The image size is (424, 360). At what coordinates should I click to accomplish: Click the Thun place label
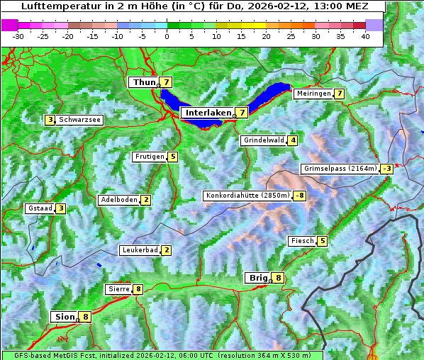[144, 83]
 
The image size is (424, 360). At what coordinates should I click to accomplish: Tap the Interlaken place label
[208, 113]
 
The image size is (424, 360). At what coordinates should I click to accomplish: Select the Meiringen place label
[313, 94]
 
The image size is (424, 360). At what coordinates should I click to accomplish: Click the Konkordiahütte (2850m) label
[247, 196]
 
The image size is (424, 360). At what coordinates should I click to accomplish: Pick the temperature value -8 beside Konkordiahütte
[300, 196]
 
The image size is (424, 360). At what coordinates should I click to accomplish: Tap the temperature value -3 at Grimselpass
[386, 169]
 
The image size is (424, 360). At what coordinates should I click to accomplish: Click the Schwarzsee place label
[79, 120]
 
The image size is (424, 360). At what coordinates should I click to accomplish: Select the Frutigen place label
[150, 157]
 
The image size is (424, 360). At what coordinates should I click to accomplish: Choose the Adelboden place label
[119, 200]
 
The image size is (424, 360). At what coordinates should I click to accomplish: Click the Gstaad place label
[40, 208]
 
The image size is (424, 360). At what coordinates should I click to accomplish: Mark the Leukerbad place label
[139, 250]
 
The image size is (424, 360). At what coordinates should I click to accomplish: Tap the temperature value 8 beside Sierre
[138, 289]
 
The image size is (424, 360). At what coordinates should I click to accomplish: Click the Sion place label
[64, 317]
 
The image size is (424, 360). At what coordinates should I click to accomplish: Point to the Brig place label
[257, 278]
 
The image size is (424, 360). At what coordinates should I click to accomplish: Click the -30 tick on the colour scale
[18, 36]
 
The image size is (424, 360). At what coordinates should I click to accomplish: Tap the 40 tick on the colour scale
[364, 36]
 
